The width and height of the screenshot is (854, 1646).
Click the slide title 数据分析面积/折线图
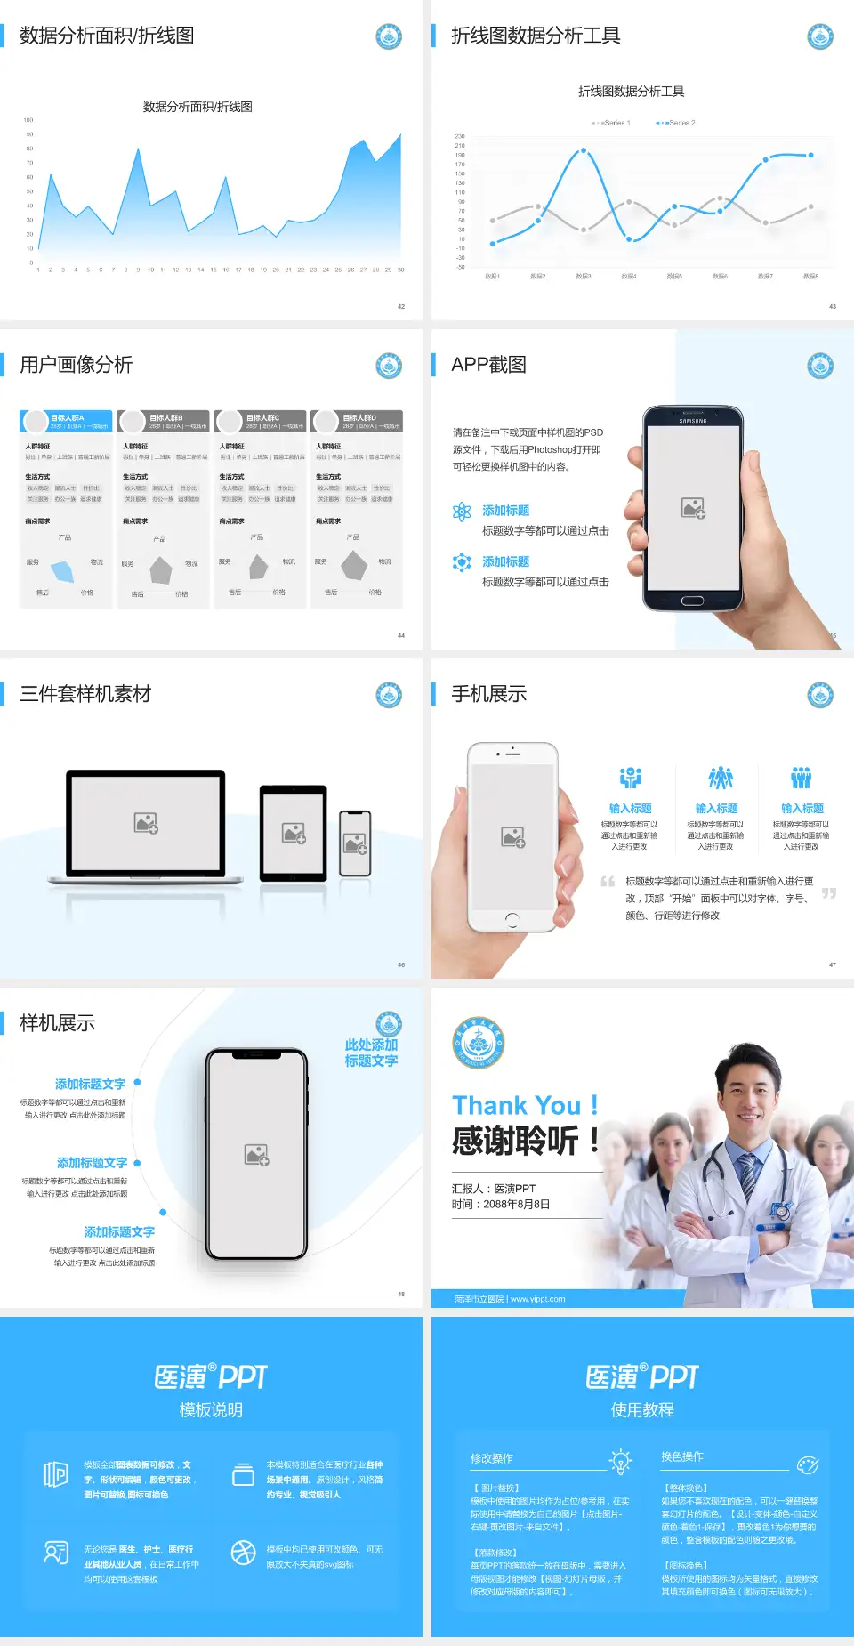click(x=107, y=36)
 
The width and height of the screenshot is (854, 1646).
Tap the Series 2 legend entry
click(x=678, y=123)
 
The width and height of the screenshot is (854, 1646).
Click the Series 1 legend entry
click(x=612, y=123)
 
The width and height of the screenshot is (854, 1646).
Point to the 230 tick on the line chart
click(x=460, y=136)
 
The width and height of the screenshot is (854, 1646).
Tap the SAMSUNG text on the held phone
click(x=692, y=421)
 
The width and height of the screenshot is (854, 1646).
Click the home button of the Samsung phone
click(x=692, y=601)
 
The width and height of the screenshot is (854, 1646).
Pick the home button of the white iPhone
click(x=512, y=918)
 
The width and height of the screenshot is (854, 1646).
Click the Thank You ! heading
click(x=525, y=1105)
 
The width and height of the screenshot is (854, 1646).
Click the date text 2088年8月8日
click(x=517, y=1204)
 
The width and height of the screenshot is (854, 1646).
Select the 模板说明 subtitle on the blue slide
click(x=211, y=1410)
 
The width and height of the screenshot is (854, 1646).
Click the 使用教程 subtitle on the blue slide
click(x=642, y=1410)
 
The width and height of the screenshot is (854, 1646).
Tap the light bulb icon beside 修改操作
click(x=620, y=1461)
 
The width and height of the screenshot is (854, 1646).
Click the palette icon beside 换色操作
click(x=807, y=1464)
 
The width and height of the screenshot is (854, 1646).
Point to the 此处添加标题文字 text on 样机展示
click(x=371, y=1053)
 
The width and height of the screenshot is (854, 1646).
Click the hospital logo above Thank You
click(x=478, y=1043)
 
